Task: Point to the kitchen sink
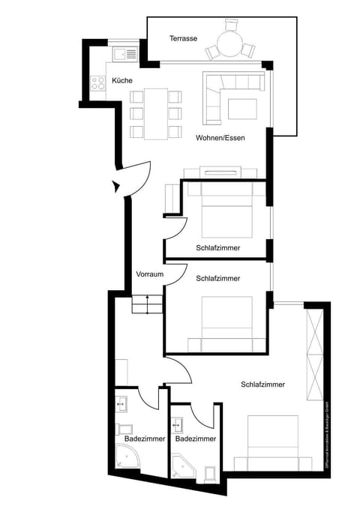123,54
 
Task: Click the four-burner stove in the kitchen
97,83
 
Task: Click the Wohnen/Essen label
220,139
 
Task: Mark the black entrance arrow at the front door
115,184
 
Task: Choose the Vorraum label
149,274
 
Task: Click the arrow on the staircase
147,301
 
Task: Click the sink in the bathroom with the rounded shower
121,406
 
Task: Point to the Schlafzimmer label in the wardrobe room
262,385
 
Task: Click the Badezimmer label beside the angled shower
196,439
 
